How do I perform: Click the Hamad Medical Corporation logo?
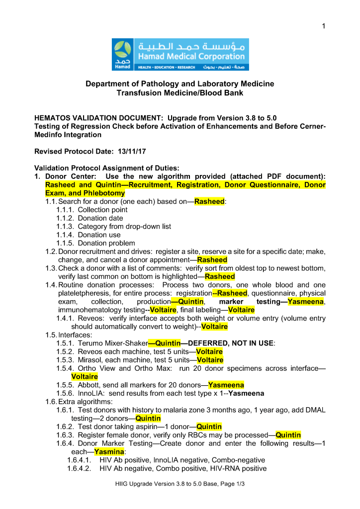click(180, 54)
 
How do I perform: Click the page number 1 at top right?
click(323, 26)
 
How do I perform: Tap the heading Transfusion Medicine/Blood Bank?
click(180, 93)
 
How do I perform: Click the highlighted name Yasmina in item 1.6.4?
click(109, 452)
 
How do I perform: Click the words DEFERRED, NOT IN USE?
click(227, 343)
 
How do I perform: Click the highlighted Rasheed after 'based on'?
click(209, 201)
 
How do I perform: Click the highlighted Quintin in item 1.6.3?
click(288, 435)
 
